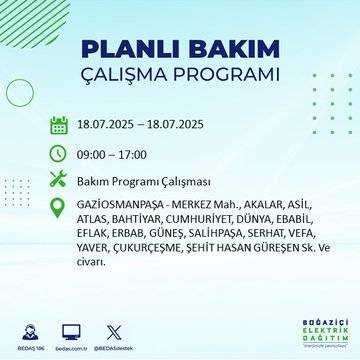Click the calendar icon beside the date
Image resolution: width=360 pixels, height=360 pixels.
[59, 126]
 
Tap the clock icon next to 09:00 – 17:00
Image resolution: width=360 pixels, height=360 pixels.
[59, 154]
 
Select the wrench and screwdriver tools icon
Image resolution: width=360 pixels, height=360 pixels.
[59, 181]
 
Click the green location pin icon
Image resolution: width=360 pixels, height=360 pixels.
[59, 208]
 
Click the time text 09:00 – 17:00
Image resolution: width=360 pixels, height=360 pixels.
[112, 154]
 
